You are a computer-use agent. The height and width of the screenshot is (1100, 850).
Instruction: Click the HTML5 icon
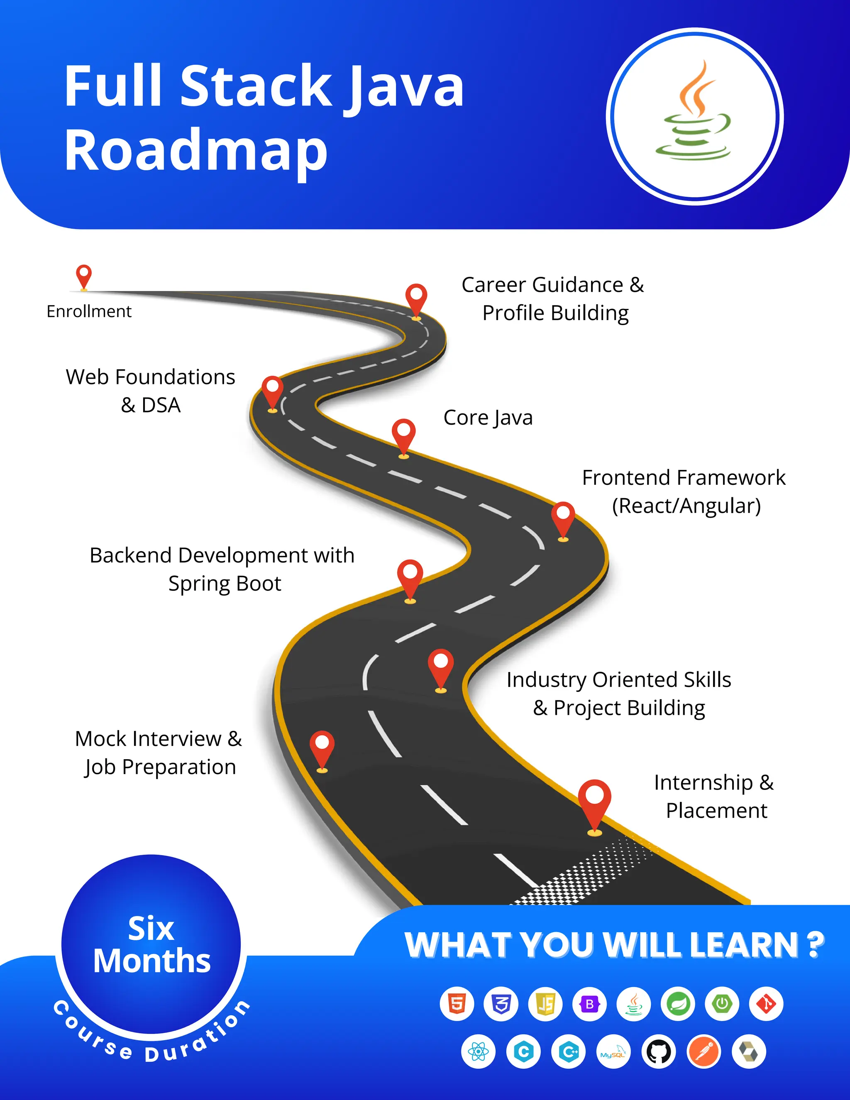click(x=457, y=1004)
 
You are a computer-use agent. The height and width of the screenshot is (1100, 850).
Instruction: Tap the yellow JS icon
click(x=545, y=1004)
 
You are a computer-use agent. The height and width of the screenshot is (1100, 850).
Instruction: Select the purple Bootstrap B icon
click(x=590, y=1004)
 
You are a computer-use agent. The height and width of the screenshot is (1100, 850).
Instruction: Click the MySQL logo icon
click(x=613, y=1052)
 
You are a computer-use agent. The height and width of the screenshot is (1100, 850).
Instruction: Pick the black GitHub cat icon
click(x=659, y=1052)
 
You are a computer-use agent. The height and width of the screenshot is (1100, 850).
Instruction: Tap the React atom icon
click(x=479, y=1052)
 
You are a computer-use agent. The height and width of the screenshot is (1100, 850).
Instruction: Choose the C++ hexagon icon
click(x=569, y=1052)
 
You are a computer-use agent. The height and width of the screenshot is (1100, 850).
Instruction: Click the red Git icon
click(x=767, y=1004)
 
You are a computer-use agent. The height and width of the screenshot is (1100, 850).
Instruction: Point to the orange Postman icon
click(x=704, y=1052)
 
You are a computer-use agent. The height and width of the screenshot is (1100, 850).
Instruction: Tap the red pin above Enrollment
click(x=83, y=276)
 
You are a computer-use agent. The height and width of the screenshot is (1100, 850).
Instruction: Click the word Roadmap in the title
click(x=196, y=151)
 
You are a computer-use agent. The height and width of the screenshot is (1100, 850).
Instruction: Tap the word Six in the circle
click(x=151, y=928)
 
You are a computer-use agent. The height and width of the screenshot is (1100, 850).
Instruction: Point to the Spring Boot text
click(x=225, y=583)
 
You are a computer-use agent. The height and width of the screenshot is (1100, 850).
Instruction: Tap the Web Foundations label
click(x=151, y=377)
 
